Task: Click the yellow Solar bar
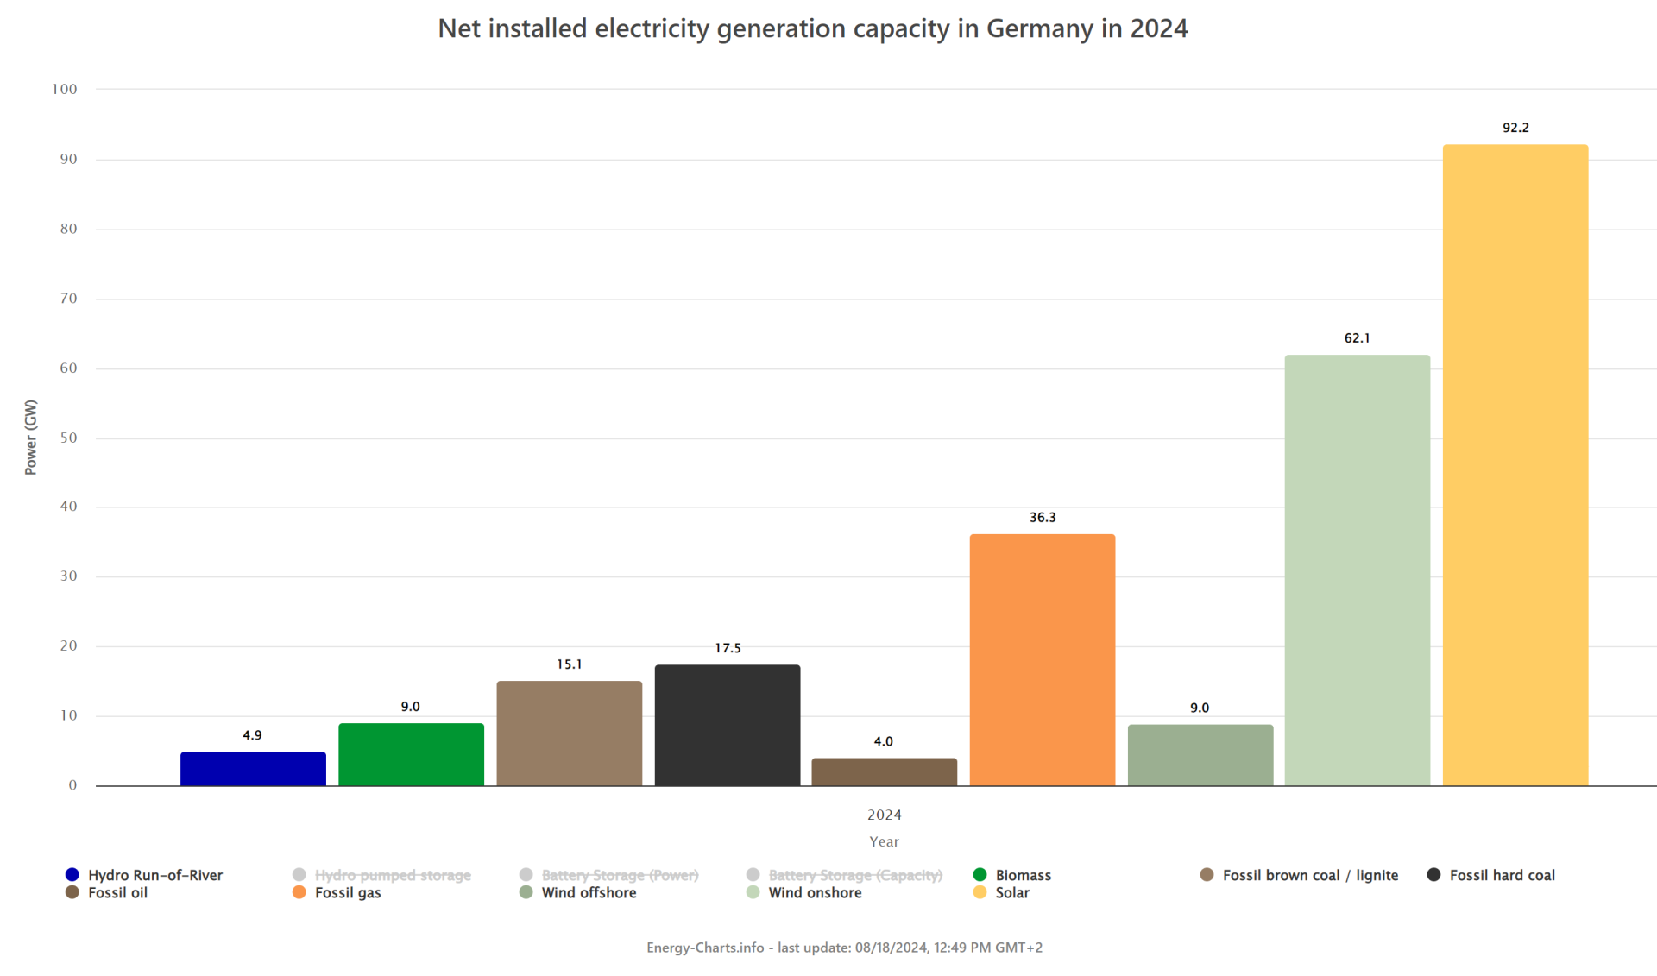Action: click(x=1515, y=466)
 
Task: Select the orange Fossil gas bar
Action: click(x=1042, y=660)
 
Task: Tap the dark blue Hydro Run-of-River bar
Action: click(x=253, y=769)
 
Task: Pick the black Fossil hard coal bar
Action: click(x=727, y=725)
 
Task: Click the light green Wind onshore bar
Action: click(x=1357, y=570)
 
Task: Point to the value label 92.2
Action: click(x=1515, y=128)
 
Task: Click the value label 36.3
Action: click(x=1042, y=518)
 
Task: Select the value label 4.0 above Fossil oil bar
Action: click(x=883, y=741)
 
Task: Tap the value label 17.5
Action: click(x=727, y=648)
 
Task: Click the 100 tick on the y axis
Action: click(x=65, y=89)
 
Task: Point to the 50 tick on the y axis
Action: click(x=68, y=438)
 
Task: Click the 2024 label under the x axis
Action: click(x=884, y=815)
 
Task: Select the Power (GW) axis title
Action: click(x=31, y=437)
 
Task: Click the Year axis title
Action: click(x=884, y=841)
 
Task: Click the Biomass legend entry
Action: click(x=1023, y=875)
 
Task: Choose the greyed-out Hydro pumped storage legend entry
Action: click(x=392, y=875)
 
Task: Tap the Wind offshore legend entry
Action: click(x=589, y=893)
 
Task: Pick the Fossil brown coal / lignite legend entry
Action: click(x=1309, y=875)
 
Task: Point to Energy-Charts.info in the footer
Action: click(x=705, y=948)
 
